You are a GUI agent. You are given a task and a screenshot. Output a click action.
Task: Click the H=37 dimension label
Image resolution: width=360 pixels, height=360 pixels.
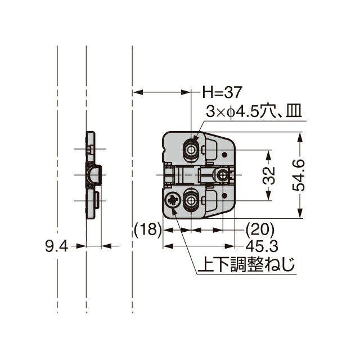(222, 91)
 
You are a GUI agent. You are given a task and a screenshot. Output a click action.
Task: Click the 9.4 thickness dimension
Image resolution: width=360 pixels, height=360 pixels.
(56, 246)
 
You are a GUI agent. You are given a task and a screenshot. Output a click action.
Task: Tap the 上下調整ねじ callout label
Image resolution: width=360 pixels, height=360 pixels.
(246, 264)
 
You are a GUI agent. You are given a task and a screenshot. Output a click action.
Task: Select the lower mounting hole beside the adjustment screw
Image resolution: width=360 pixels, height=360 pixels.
(192, 201)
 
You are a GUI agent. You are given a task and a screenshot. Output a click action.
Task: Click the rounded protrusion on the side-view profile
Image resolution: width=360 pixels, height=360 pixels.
(96, 175)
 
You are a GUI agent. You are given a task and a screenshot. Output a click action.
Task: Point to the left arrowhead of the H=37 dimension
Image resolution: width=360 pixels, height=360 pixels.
(136, 92)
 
